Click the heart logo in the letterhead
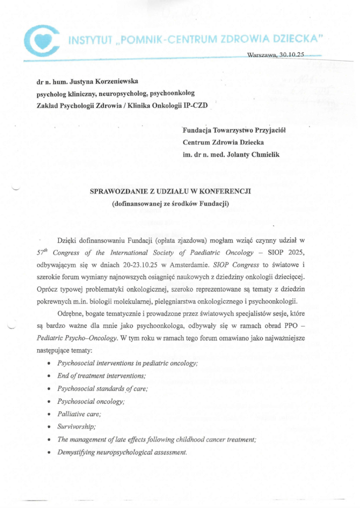[42, 42]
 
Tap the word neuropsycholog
[113, 93]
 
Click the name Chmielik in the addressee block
[262, 155]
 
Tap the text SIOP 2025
[293, 252]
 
